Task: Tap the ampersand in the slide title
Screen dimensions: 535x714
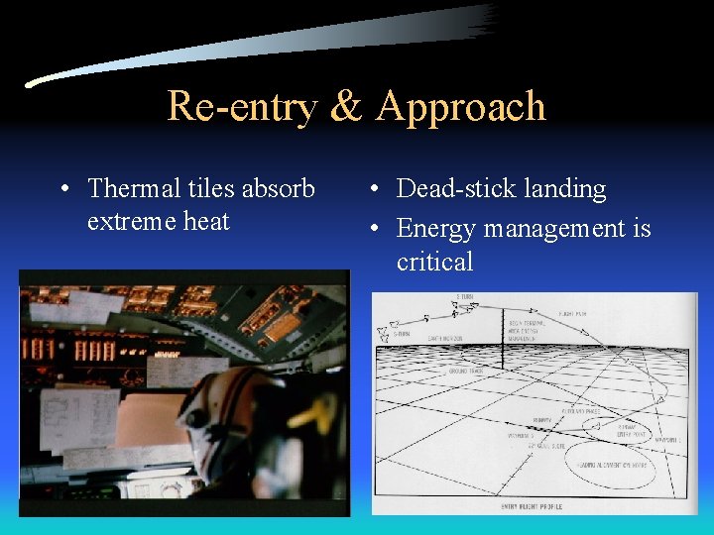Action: pyautogui.click(x=345, y=106)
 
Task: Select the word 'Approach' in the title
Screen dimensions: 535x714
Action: pyautogui.click(x=461, y=106)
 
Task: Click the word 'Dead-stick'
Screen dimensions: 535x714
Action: pyautogui.click(x=454, y=188)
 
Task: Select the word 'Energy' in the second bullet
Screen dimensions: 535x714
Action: pyautogui.click(x=432, y=230)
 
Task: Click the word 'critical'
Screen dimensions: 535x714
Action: pyautogui.click(x=434, y=262)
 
